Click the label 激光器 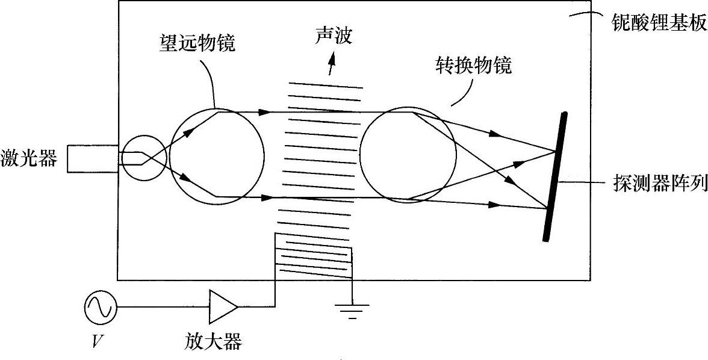tap(28, 160)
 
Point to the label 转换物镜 tap(474, 65)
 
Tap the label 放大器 tap(213, 343)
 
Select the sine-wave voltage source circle tap(99, 307)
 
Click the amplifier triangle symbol tap(222, 307)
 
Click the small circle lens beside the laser tap(143, 158)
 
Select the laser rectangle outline tap(90, 158)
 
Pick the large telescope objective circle tap(217, 155)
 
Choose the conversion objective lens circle tap(407, 155)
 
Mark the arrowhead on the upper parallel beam tap(263, 112)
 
